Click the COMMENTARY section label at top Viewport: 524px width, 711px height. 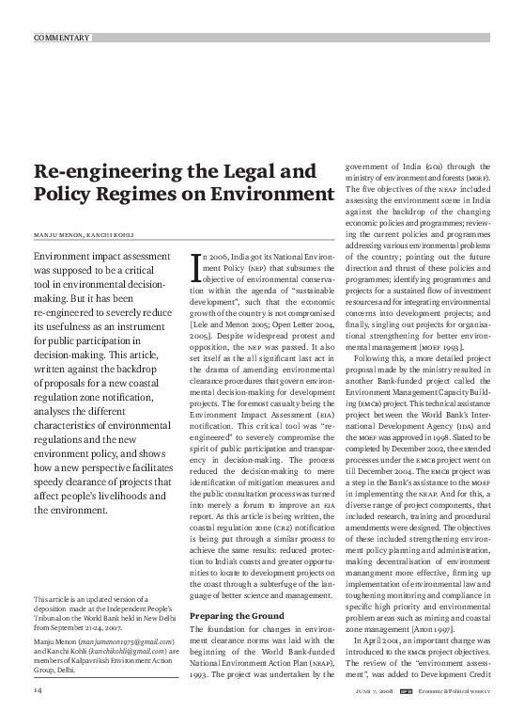(62, 38)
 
